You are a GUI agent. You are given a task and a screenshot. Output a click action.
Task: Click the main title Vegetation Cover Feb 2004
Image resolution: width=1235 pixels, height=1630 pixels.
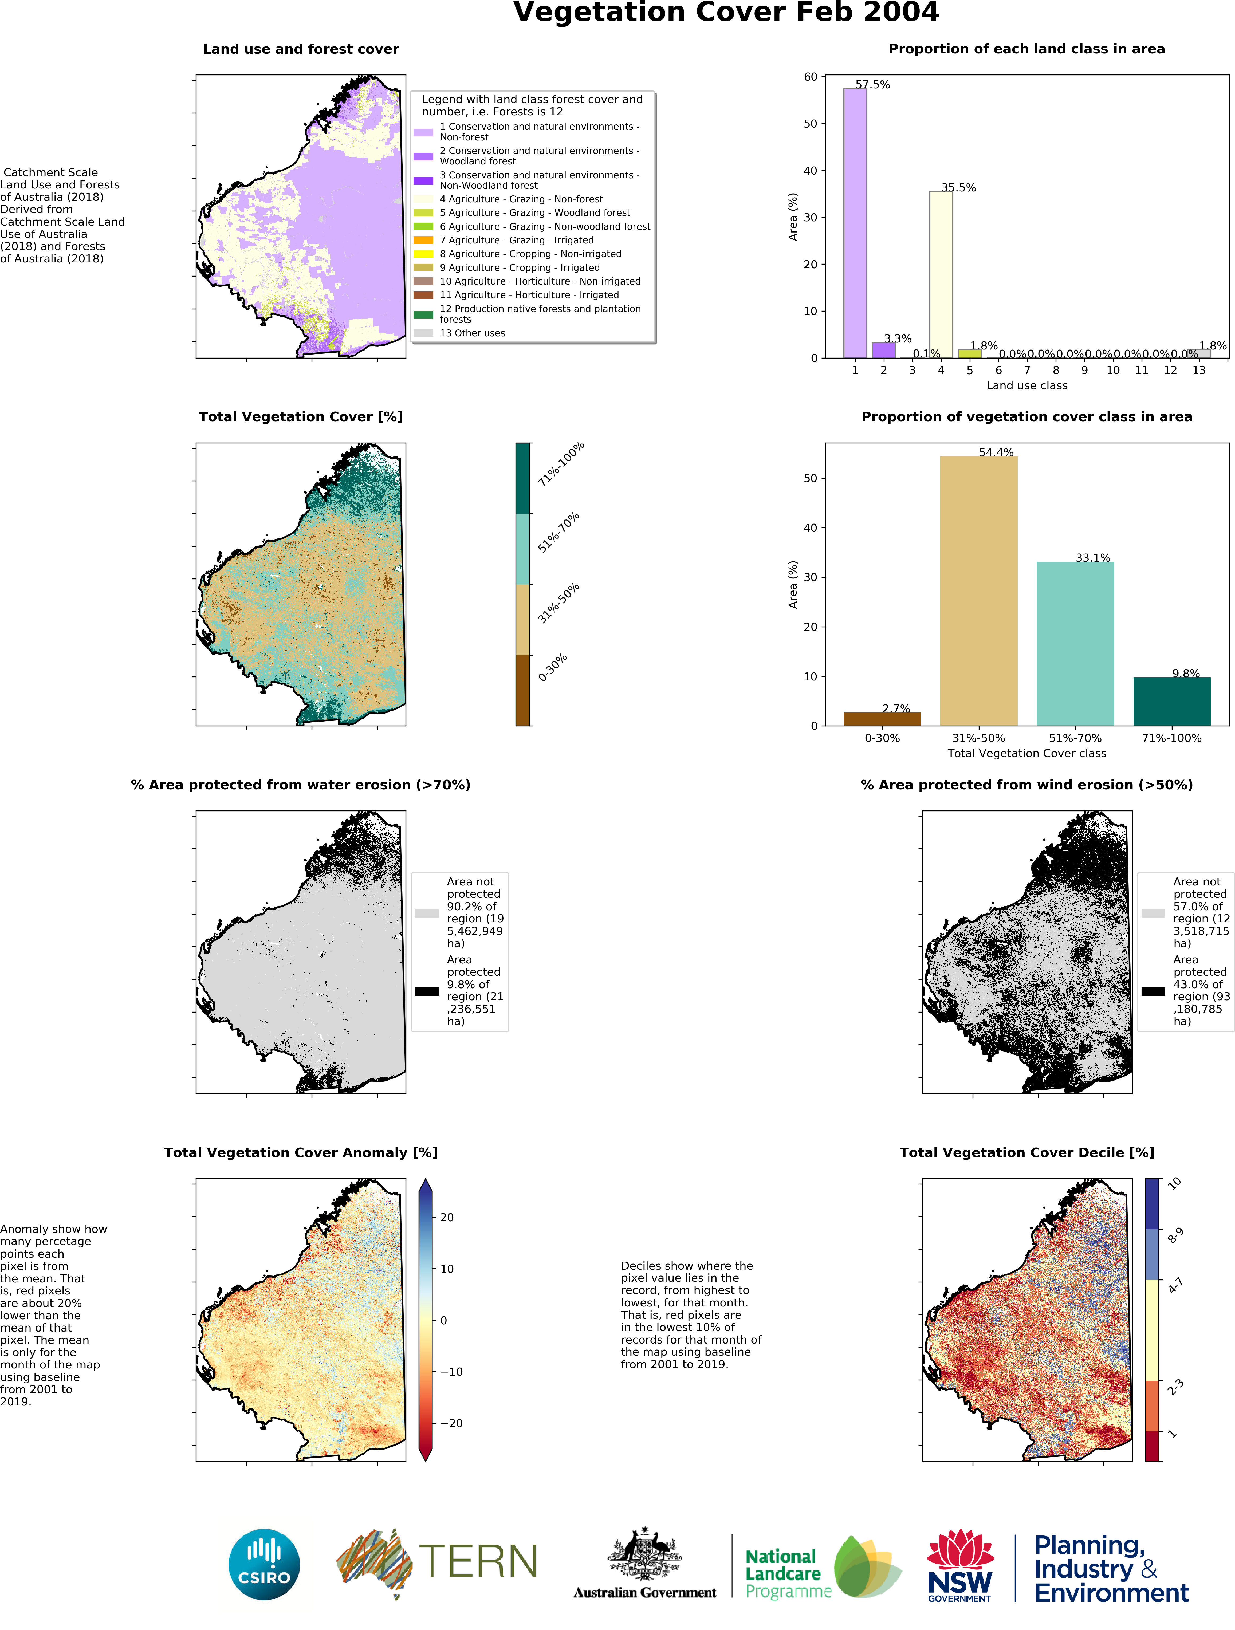click(x=726, y=13)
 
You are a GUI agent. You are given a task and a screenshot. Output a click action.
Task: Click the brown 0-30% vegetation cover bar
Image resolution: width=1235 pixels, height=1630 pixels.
click(x=882, y=718)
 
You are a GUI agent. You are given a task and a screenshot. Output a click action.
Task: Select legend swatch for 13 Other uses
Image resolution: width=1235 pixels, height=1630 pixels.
click(x=423, y=333)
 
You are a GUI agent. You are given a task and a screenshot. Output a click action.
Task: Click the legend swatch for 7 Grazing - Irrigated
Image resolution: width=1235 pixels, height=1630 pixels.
click(x=423, y=240)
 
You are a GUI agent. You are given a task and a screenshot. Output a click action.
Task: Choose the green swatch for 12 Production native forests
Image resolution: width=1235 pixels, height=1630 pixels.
click(x=423, y=315)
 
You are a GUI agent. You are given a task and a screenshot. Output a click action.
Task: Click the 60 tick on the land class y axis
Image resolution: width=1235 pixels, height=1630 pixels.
click(x=811, y=77)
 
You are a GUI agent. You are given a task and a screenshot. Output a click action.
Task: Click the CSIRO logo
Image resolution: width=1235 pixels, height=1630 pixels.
click(x=264, y=1564)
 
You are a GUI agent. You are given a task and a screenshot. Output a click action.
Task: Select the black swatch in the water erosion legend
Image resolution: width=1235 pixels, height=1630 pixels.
click(x=427, y=991)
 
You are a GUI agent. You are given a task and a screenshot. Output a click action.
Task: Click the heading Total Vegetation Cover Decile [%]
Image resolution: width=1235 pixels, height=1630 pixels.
click(x=1026, y=1152)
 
